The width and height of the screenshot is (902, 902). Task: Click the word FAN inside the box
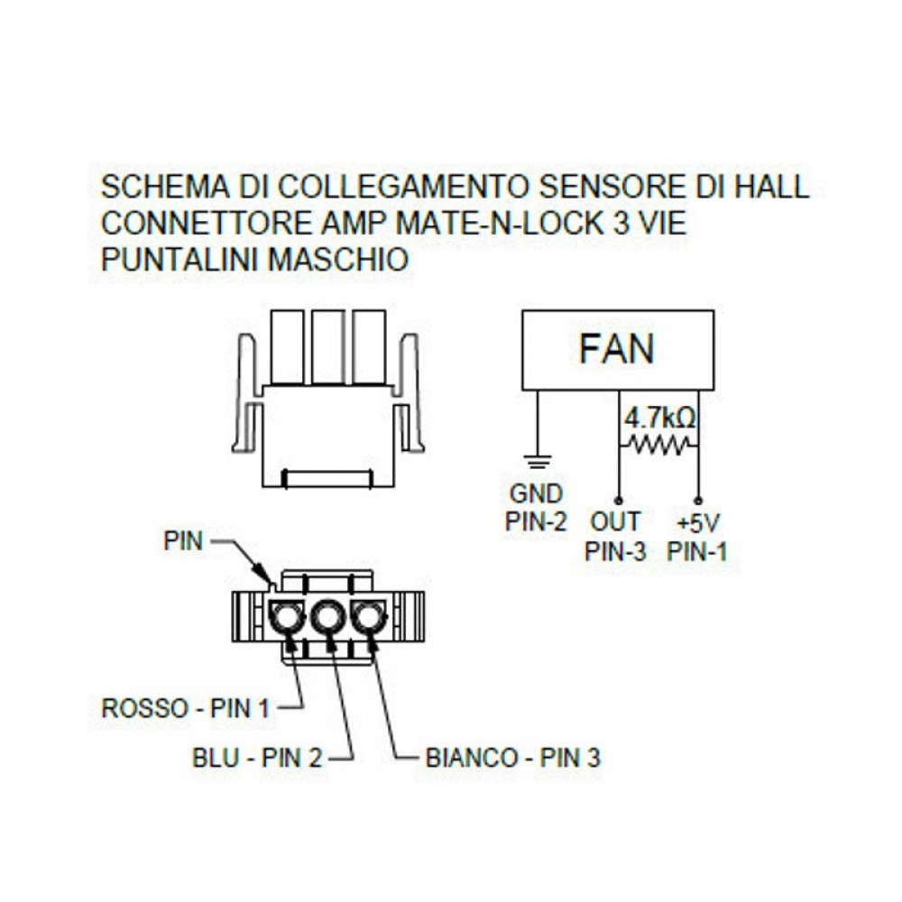tap(617, 348)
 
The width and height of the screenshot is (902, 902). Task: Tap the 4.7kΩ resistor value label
tap(660, 419)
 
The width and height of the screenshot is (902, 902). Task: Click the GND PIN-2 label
tap(536, 507)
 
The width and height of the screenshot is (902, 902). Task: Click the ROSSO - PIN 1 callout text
tap(186, 707)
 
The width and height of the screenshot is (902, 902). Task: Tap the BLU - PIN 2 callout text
tap(257, 758)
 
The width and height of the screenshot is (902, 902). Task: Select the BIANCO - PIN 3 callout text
tap(512, 758)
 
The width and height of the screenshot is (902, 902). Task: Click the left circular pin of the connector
tap(285, 619)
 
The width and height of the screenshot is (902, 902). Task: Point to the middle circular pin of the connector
tap(327, 619)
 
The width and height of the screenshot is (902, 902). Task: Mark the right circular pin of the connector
tap(368, 619)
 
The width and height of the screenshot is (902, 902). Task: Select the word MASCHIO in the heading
tap(337, 260)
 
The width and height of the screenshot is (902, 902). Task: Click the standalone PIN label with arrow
tap(183, 541)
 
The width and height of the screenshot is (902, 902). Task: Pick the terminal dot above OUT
tap(619, 500)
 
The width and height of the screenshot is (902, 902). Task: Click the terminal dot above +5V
tap(698, 500)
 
